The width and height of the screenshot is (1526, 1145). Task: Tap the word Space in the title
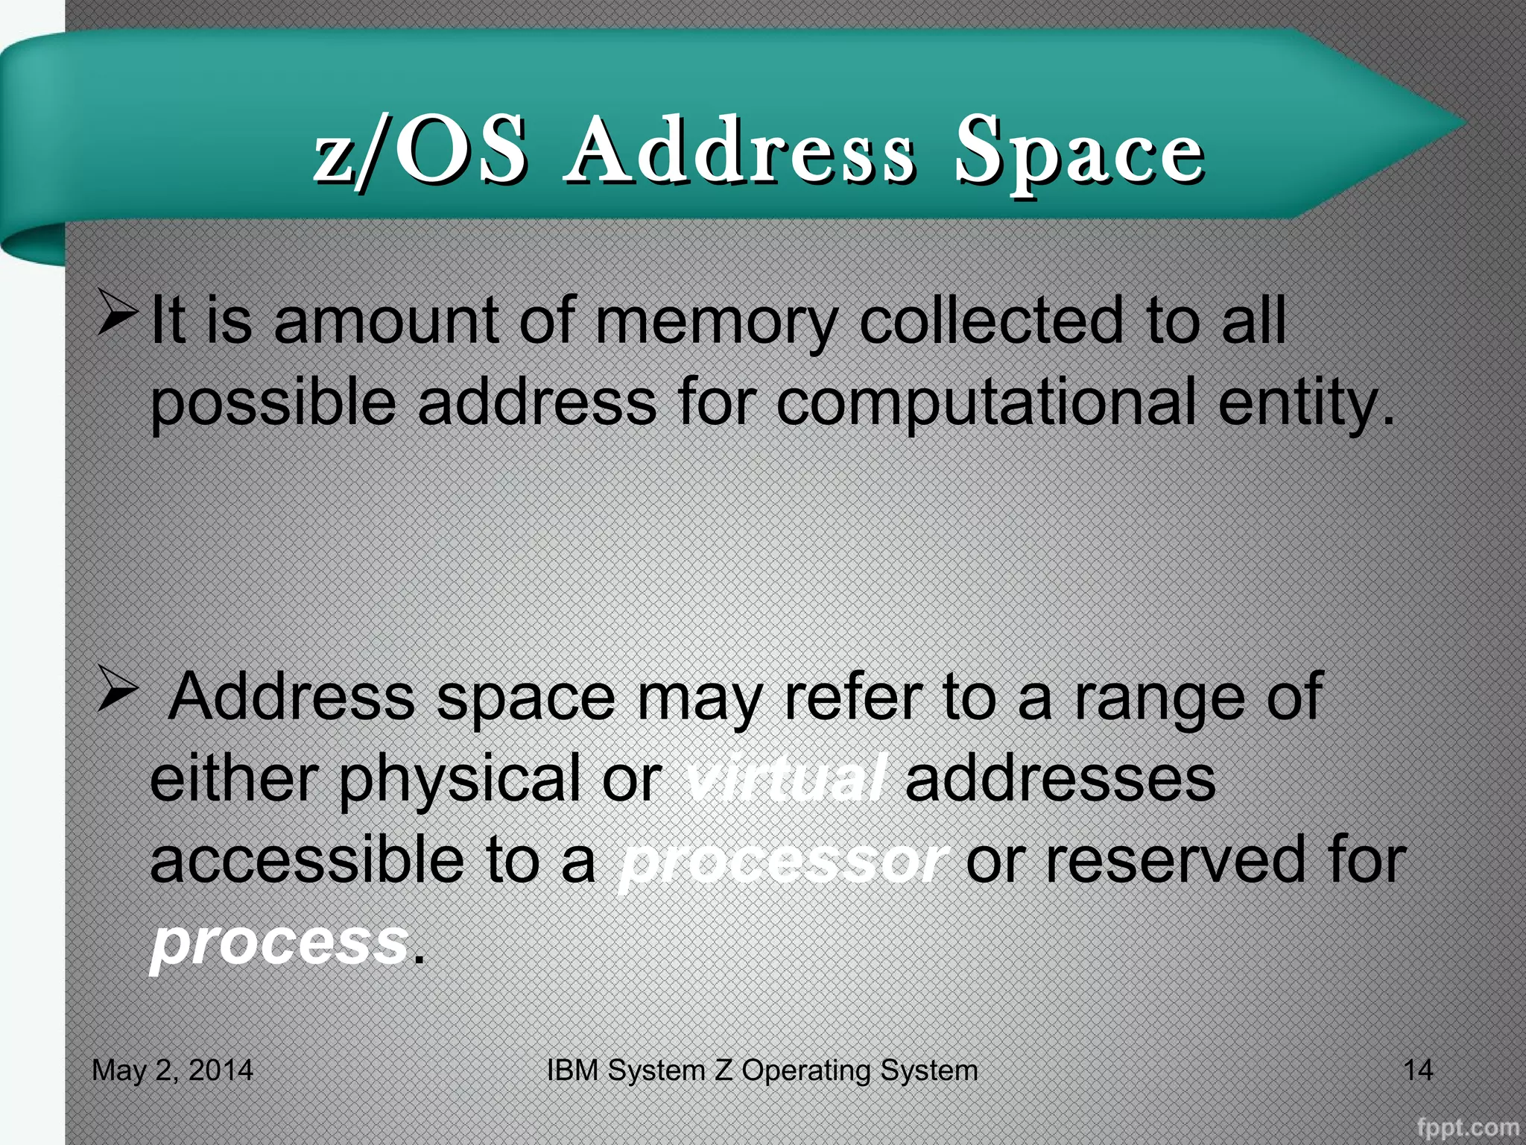pyautogui.click(x=1079, y=153)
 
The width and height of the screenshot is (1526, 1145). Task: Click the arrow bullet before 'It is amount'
pyautogui.click(x=117, y=313)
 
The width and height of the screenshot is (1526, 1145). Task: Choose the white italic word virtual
pyautogui.click(x=784, y=779)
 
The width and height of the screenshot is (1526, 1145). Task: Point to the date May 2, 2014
pyautogui.click(x=172, y=1070)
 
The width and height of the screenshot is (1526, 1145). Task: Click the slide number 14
pyautogui.click(x=1417, y=1070)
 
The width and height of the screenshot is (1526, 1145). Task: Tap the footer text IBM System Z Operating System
pyautogui.click(x=762, y=1070)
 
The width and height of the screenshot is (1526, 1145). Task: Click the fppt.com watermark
pyautogui.click(x=1467, y=1126)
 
